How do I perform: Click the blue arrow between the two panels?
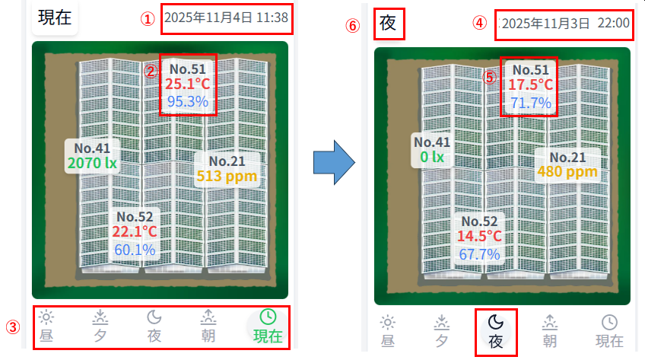click(x=334, y=162)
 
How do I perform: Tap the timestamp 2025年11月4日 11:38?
click(x=226, y=18)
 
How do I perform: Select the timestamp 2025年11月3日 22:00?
click(x=566, y=24)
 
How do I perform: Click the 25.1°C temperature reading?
click(x=188, y=84)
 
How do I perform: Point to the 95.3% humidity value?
click(x=188, y=101)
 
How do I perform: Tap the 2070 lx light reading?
click(x=93, y=164)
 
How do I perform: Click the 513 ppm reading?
click(x=227, y=176)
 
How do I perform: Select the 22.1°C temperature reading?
click(x=135, y=231)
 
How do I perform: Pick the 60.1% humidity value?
click(x=135, y=250)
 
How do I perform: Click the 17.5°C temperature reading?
click(x=531, y=84)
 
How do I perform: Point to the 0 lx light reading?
click(x=432, y=157)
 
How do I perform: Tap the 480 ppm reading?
click(x=567, y=171)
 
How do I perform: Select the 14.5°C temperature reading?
click(x=480, y=236)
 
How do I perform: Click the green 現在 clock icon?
click(x=268, y=317)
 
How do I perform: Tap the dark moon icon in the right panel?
click(x=496, y=322)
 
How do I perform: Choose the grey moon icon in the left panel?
click(x=154, y=317)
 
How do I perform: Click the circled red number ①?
click(x=148, y=19)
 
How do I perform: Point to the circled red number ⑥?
click(x=352, y=26)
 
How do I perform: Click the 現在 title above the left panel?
click(x=55, y=18)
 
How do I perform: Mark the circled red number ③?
click(x=13, y=327)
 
